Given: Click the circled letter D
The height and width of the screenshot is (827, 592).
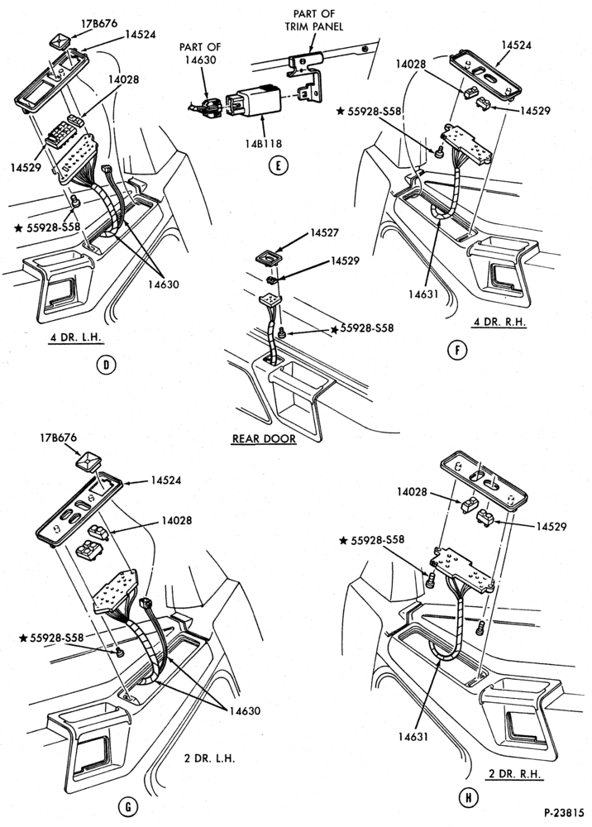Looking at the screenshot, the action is click(x=107, y=365).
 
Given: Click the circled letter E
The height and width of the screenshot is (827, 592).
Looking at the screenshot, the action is click(x=279, y=165).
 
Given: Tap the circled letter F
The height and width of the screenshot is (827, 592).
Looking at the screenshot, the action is click(x=456, y=350).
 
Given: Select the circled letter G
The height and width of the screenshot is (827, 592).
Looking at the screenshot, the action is click(x=127, y=806).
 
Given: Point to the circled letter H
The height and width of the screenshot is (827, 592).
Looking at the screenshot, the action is click(x=467, y=797).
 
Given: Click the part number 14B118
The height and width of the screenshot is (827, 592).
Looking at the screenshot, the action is click(x=264, y=143).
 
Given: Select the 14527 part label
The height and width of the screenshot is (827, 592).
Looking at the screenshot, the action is click(x=324, y=232).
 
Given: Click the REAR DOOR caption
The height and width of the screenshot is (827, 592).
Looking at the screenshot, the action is click(x=264, y=438).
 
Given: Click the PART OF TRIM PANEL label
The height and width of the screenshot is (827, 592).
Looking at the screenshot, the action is click(x=317, y=20).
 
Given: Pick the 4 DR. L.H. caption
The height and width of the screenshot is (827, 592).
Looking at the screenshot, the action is click(x=75, y=337).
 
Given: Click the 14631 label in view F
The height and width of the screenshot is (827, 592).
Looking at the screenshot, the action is click(x=423, y=294).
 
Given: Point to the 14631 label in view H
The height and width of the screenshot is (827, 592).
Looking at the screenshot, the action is click(x=413, y=736).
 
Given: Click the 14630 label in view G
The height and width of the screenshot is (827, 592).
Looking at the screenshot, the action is click(x=245, y=710).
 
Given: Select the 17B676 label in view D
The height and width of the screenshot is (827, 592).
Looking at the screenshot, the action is click(x=99, y=24).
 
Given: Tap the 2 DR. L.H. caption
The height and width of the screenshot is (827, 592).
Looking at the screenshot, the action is click(x=209, y=758).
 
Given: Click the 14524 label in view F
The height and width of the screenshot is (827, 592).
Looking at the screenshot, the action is click(x=516, y=45).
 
